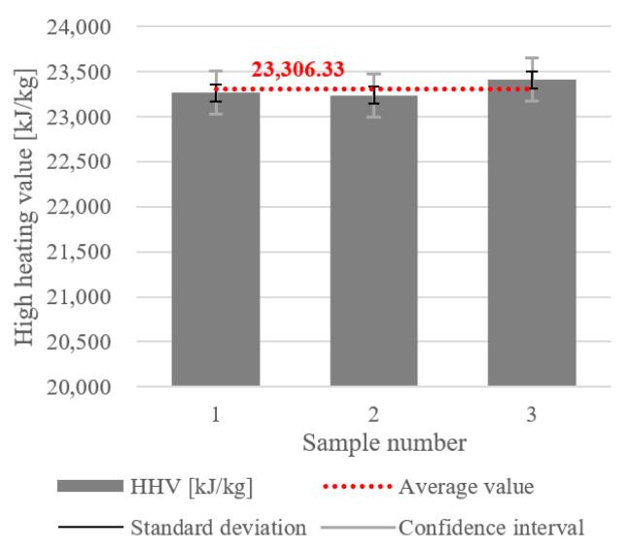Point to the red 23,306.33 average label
click(298, 69)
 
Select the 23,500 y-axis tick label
click(79, 72)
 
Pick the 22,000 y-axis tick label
click(79, 207)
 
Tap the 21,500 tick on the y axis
click(79, 252)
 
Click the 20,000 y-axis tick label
click(79, 387)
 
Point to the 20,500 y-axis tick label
click(79, 342)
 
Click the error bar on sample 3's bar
click(532, 79)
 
